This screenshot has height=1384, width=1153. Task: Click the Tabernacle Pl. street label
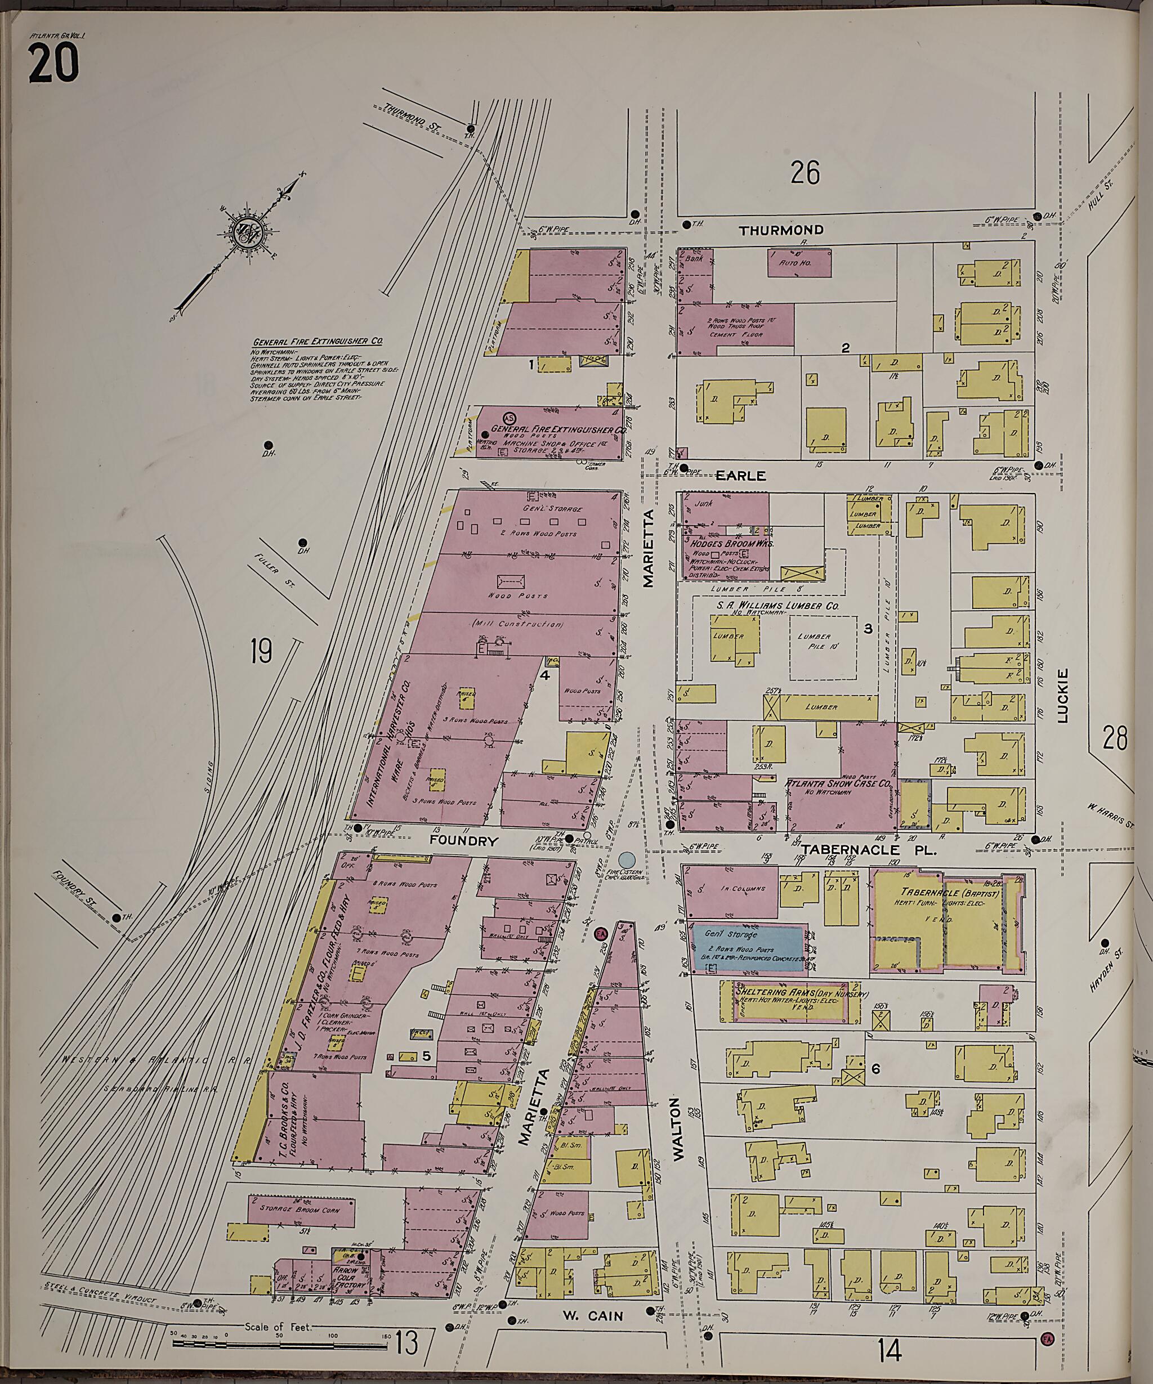[869, 851]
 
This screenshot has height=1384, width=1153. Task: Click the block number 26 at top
[805, 173]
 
